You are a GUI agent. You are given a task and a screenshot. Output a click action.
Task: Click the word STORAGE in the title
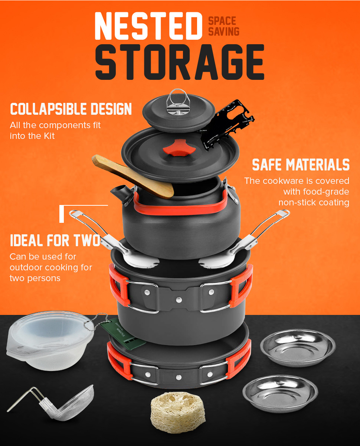tap(179, 62)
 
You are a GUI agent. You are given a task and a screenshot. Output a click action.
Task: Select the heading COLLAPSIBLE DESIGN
tap(71, 109)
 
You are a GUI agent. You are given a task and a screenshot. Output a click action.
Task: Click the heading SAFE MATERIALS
tap(301, 165)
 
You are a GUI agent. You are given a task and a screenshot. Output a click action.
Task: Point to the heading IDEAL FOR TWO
tap(55, 241)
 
